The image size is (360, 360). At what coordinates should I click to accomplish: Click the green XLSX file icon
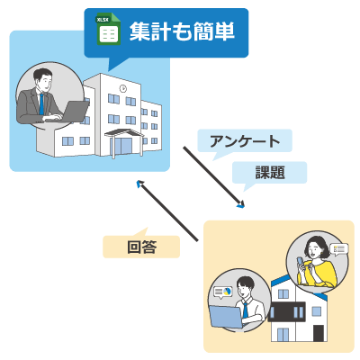tap(107, 31)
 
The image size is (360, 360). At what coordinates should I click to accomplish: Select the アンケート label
tap(244, 140)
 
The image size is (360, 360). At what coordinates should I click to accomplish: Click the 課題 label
tap(269, 171)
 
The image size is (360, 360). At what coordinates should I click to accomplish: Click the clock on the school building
tap(122, 89)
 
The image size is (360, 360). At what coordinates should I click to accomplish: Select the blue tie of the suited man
tap(41, 104)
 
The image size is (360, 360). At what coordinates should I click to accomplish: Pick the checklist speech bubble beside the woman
tap(338, 248)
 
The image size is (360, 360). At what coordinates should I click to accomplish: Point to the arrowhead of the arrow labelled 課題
tap(240, 204)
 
